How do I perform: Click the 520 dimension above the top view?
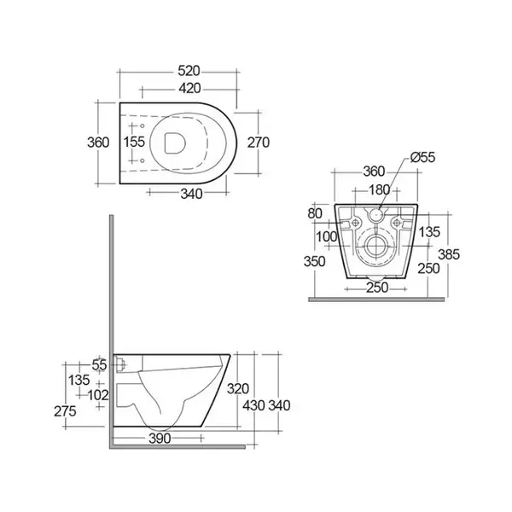point(189,71)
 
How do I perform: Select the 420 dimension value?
point(189,88)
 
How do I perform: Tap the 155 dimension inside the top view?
point(134,142)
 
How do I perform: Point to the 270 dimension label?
point(259,143)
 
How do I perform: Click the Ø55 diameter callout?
point(423,157)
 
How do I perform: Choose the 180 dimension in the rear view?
point(379,189)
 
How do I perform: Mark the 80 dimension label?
point(315,213)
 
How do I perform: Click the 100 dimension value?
point(327,236)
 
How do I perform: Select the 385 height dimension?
point(449,254)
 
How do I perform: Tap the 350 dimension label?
point(314,262)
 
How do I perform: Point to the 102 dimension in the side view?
point(98,395)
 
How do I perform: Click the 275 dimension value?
point(65,411)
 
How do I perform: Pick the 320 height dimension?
point(238,389)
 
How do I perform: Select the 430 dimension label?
point(253,405)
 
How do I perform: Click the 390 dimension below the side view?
point(160,439)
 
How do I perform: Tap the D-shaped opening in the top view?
point(175,143)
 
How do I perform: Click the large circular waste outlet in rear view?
point(376,246)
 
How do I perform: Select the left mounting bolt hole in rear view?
point(356,223)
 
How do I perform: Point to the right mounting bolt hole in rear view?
point(397,223)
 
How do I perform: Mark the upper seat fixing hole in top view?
point(143,125)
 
